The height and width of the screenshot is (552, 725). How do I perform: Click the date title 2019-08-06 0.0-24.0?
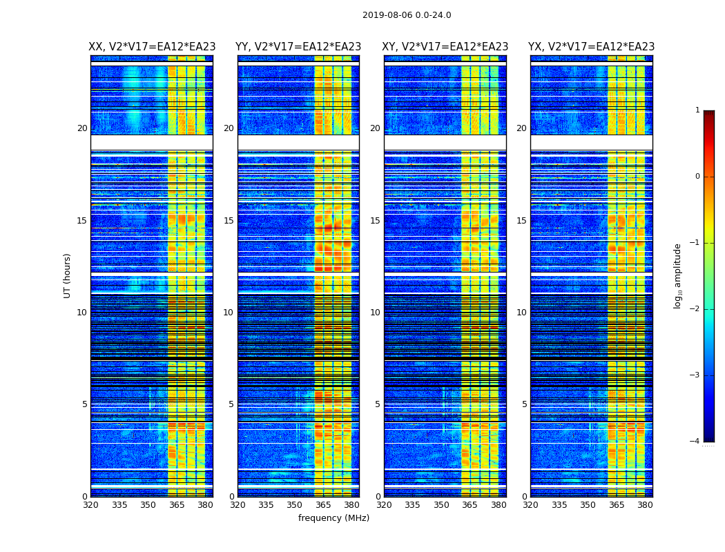407,15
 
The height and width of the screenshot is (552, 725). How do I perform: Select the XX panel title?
152,47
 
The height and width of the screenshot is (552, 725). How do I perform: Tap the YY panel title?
298,47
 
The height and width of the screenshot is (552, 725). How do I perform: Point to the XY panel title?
445,47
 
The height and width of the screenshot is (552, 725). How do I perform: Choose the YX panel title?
592,47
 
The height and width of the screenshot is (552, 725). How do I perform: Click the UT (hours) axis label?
68,275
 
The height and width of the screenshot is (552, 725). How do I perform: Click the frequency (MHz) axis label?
333,518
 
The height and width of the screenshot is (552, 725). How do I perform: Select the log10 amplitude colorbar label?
678,275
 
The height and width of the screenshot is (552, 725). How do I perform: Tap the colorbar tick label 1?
697,110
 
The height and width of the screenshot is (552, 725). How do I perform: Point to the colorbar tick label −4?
695,442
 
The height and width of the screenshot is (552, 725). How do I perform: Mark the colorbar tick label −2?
695,309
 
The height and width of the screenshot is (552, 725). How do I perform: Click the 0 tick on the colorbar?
697,177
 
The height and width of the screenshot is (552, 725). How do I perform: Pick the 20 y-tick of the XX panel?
82,128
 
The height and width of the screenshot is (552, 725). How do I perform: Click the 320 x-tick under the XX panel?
90,505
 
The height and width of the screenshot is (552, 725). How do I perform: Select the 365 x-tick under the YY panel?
323,505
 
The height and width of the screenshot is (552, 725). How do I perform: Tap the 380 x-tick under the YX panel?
645,505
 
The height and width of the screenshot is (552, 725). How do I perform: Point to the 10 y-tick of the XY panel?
375,313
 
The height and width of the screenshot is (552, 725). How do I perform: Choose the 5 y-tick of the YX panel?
524,404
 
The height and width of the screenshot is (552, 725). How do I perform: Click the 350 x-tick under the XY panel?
441,505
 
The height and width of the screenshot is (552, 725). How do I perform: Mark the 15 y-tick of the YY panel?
229,221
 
